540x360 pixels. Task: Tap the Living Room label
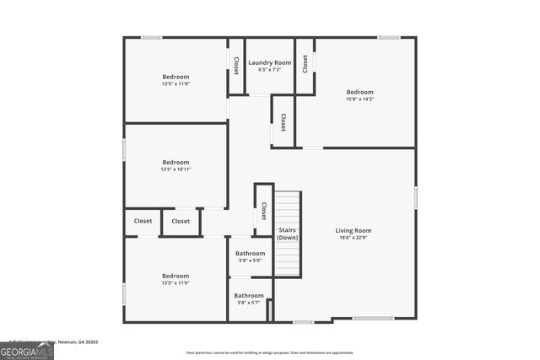354,230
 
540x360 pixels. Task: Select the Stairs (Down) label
288,234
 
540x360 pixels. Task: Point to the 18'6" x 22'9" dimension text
354,238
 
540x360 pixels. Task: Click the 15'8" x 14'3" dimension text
359,99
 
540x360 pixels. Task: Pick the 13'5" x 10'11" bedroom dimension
176,169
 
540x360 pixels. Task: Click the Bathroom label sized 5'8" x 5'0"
250,253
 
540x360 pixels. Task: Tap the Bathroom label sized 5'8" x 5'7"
249,295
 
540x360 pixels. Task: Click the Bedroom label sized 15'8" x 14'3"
359,92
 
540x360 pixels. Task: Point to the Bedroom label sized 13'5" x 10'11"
176,162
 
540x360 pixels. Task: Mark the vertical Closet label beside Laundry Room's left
236,66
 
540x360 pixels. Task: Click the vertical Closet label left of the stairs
264,210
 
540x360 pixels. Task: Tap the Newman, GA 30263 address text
78,342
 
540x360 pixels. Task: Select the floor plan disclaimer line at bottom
270,353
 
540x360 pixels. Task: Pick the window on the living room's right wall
416,197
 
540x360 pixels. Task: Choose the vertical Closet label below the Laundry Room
283,122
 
